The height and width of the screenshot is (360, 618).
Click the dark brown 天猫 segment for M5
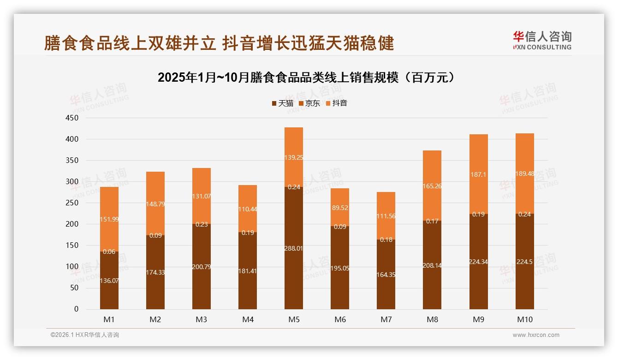point(294,248)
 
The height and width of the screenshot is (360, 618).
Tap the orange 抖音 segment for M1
point(109,219)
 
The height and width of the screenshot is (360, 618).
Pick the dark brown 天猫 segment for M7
point(386,274)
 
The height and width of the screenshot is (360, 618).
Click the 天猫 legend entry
point(282,103)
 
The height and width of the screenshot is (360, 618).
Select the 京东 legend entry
point(309,103)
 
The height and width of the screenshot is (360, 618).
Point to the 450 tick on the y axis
point(73,118)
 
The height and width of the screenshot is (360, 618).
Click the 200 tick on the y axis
point(73,224)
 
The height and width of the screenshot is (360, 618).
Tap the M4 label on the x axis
point(248,319)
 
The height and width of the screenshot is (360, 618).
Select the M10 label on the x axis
point(524,319)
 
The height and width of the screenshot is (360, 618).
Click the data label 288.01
point(294,248)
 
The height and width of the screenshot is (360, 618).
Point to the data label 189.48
point(524,174)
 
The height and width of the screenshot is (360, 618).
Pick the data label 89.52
point(340,208)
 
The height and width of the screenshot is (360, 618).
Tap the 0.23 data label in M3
point(202,224)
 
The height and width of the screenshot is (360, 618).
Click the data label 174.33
point(155,272)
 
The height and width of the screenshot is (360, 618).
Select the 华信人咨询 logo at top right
point(542,41)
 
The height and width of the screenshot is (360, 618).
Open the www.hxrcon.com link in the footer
point(536,335)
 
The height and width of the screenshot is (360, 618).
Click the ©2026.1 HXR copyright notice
point(85,335)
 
